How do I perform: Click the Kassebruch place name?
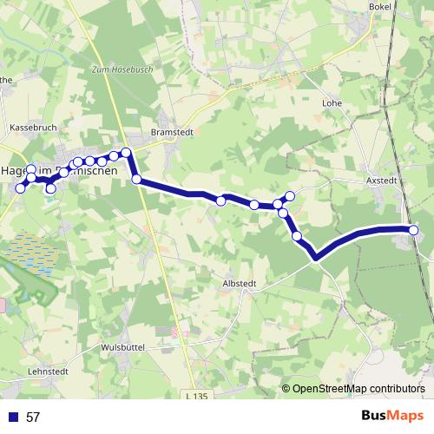click(x=33, y=127)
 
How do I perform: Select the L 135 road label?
click(x=198, y=397)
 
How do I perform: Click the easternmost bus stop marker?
click(x=413, y=230)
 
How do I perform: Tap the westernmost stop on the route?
click(x=21, y=188)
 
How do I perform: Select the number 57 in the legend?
click(x=33, y=418)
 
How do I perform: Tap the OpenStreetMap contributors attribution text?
click(x=358, y=388)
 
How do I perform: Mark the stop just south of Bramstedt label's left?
click(x=136, y=179)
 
